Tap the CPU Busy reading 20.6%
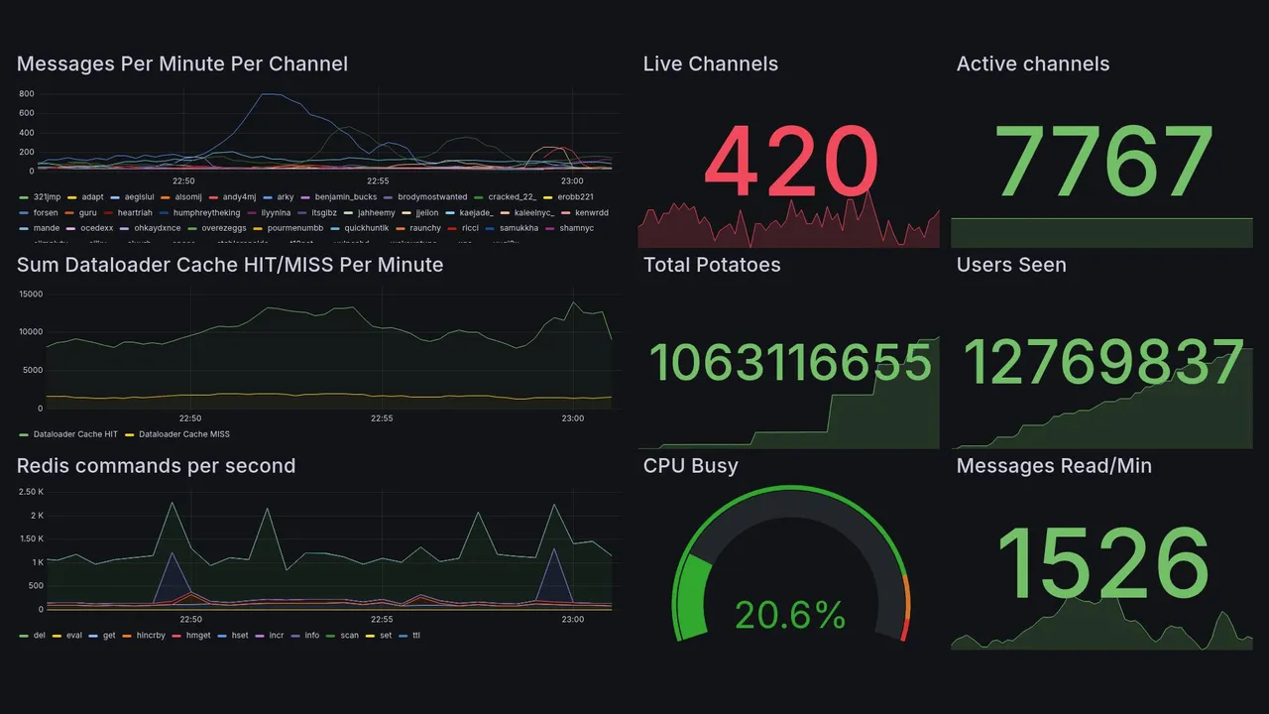click(x=790, y=615)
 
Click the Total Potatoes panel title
click(x=712, y=265)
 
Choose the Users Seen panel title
click(x=1011, y=265)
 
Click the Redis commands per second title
click(x=156, y=466)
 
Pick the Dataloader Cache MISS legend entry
click(x=183, y=434)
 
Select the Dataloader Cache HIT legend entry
click(x=75, y=434)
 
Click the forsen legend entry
click(x=46, y=212)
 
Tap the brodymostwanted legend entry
click(x=425, y=197)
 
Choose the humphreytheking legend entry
click(x=206, y=212)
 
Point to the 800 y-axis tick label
click(x=27, y=94)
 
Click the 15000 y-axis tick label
click(x=30, y=294)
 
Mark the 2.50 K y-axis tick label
click(x=31, y=492)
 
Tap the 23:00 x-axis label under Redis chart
click(x=572, y=620)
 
